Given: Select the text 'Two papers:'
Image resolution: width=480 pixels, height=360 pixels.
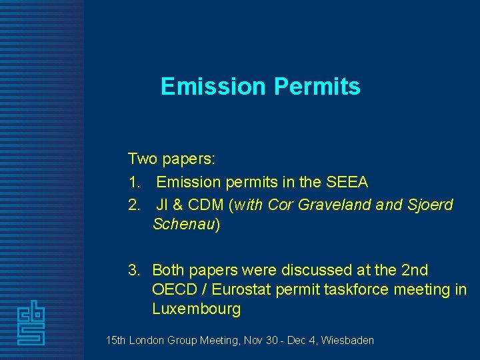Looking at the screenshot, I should (x=171, y=159).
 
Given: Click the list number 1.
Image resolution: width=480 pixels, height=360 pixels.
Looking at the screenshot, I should (x=133, y=182).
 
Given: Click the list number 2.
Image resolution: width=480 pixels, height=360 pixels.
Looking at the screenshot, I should (x=133, y=205).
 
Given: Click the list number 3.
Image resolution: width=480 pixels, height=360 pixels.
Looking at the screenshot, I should (x=134, y=270).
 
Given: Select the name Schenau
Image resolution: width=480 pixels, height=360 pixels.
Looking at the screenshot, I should (x=183, y=225).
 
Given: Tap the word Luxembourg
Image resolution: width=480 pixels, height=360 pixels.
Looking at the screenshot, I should (x=196, y=309).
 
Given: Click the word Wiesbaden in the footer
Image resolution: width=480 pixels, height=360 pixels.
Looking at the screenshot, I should (x=347, y=341).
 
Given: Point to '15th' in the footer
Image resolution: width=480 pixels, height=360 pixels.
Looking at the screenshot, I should (x=116, y=341).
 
